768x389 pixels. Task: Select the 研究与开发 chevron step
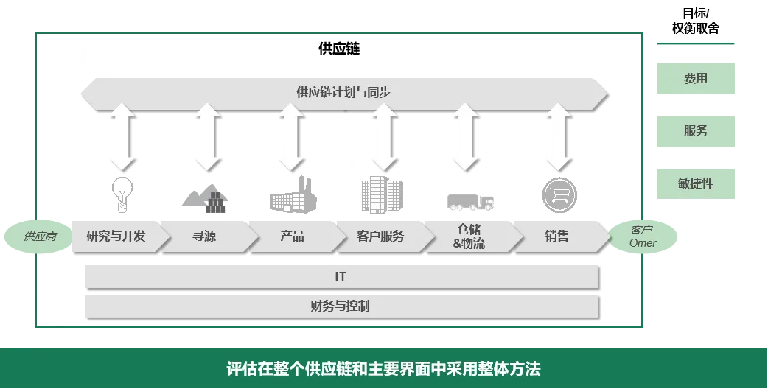(116, 236)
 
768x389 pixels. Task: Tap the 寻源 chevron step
(204, 236)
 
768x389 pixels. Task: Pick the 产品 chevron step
(292, 236)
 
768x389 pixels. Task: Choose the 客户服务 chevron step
(380, 236)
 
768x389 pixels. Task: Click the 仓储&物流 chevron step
(469, 236)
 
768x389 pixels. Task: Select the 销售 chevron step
(557, 236)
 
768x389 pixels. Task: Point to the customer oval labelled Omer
(643, 236)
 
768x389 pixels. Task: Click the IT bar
(340, 277)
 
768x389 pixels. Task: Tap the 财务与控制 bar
(340, 305)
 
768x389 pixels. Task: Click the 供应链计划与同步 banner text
(343, 93)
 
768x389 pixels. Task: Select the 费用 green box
(695, 77)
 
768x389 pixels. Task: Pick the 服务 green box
(695, 130)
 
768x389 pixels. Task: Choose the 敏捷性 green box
(695, 183)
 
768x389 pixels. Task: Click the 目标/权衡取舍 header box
(695, 22)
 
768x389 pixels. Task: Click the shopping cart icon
(560, 194)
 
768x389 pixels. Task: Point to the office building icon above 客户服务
(382, 193)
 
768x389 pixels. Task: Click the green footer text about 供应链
(383, 368)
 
